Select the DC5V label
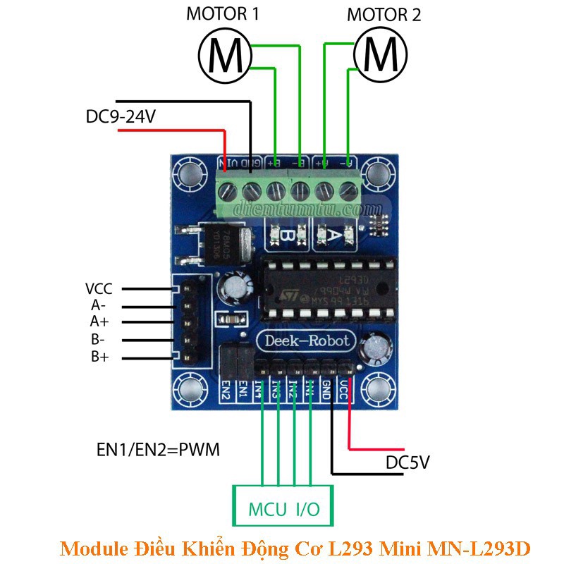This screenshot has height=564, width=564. click(407, 463)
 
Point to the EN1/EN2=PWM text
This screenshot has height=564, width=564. click(157, 449)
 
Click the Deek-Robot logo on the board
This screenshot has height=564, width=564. click(306, 341)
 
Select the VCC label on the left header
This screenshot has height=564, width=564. click(99, 289)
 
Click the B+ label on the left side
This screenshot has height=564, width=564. click(99, 357)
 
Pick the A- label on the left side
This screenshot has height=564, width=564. click(99, 306)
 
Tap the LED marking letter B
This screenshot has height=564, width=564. click(285, 236)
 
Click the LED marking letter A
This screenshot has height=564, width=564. click(336, 236)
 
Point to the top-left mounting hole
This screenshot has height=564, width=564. click(189, 173)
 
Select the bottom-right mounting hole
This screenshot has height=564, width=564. click(381, 390)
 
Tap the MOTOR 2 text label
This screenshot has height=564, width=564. click(385, 14)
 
